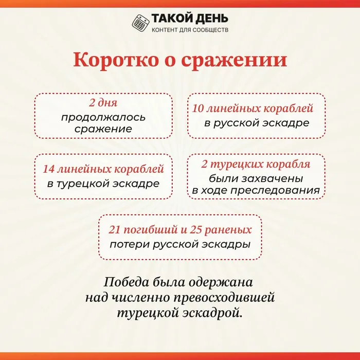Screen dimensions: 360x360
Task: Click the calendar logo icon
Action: click(140, 23)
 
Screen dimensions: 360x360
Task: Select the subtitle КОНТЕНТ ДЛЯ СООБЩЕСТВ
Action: click(190, 30)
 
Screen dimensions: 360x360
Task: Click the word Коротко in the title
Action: click(116, 60)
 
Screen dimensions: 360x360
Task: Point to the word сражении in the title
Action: click(234, 61)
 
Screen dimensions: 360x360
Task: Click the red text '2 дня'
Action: click(103, 103)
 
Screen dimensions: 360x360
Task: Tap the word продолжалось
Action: click(103, 118)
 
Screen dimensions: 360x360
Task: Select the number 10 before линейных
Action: click(198, 109)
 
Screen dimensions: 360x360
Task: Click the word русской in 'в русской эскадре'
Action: click(237, 123)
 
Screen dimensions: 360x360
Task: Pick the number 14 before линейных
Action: click(49, 169)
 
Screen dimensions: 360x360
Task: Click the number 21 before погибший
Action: click(114, 230)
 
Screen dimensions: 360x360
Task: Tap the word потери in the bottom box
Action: click(130, 244)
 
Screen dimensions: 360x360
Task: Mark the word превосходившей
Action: click(224, 298)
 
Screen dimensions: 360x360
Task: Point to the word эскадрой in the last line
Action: click(212, 313)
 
